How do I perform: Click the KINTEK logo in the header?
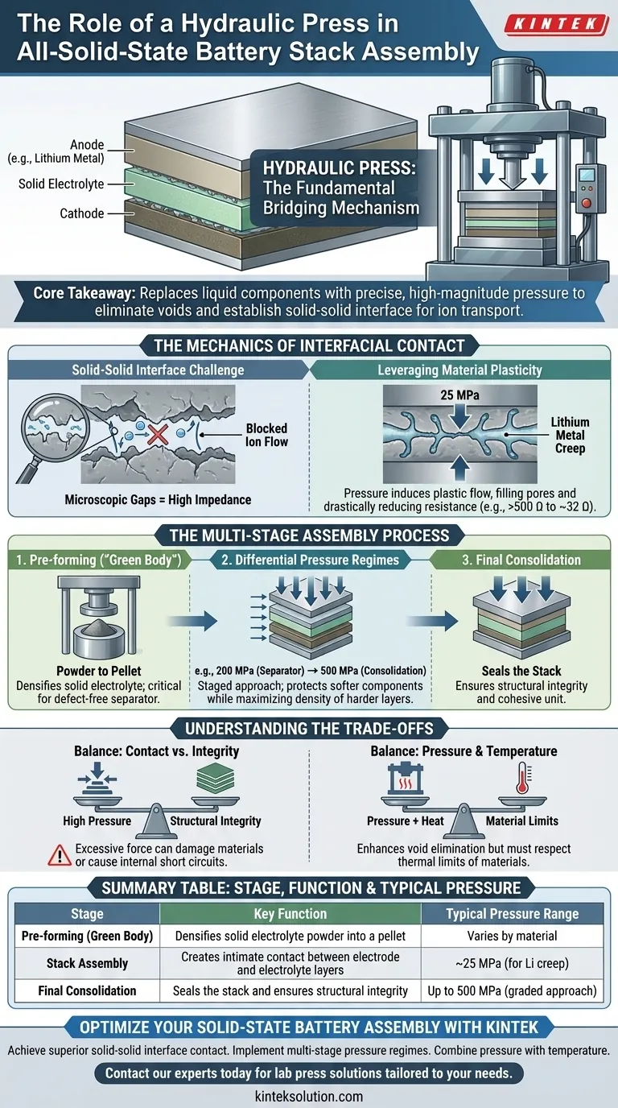click(555, 25)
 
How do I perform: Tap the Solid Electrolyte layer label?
click(61, 184)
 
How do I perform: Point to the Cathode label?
click(81, 213)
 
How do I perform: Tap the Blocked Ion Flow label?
click(266, 436)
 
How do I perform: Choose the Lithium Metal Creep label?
click(571, 435)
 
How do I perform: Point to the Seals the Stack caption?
click(521, 672)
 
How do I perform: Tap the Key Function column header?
click(290, 914)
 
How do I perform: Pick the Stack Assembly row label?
click(87, 963)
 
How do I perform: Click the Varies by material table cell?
click(512, 936)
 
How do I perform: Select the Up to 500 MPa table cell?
click(512, 991)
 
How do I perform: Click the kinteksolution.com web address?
click(310, 1096)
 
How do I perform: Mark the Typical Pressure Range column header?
click(512, 914)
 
